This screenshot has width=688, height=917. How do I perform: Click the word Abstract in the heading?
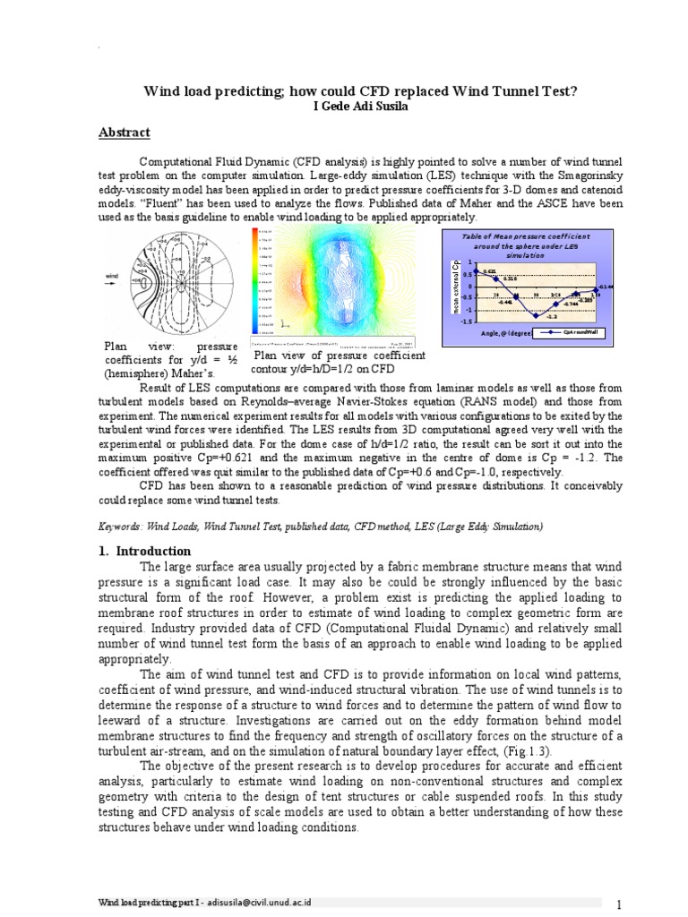click(124, 133)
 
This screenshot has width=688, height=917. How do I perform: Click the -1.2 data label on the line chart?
click(552, 317)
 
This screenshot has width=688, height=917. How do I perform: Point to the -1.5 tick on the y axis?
click(466, 321)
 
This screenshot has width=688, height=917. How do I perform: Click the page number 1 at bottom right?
click(618, 904)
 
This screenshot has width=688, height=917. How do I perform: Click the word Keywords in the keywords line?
click(120, 527)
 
